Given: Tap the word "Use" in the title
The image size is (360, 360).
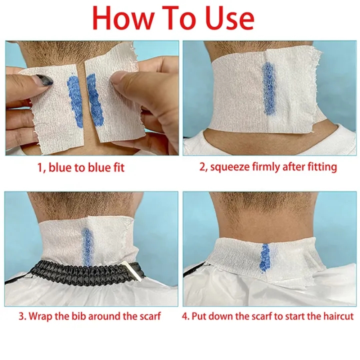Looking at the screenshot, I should click(x=228, y=18).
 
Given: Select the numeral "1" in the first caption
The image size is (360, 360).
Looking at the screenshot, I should click(x=39, y=167).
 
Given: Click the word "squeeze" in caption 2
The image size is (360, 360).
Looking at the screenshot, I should click(x=230, y=167).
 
